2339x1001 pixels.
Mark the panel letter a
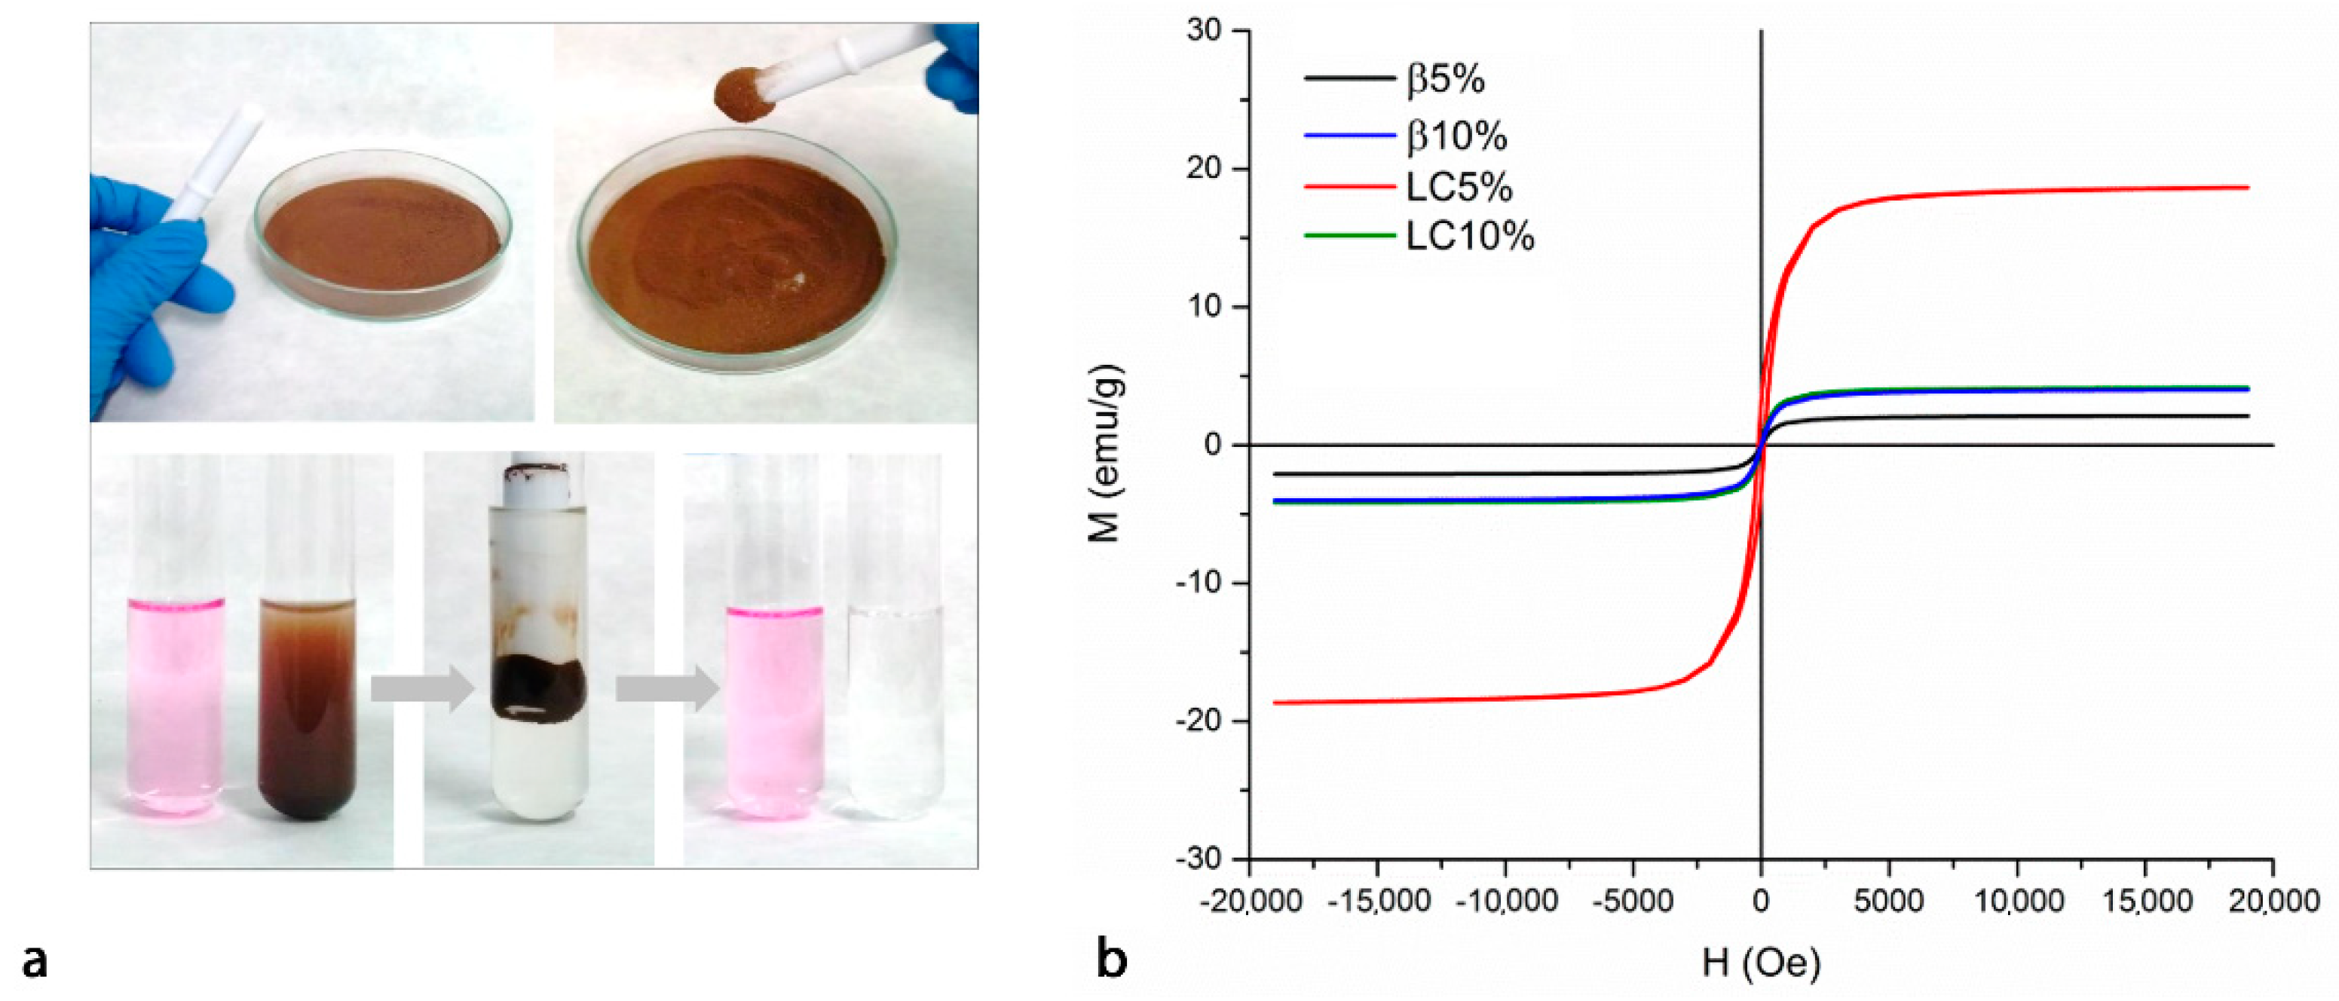35,960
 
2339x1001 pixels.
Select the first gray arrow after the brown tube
422,688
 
